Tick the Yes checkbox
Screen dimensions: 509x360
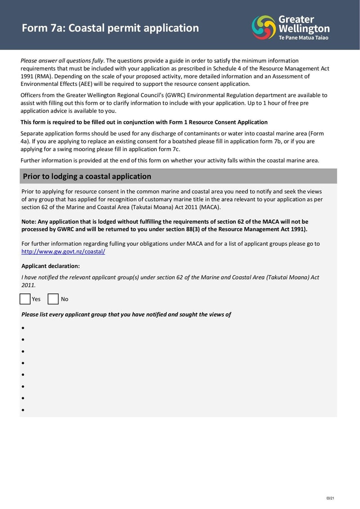coord(25,299)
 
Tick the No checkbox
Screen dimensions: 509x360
coord(53,299)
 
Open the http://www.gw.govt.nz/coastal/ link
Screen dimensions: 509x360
coord(63,252)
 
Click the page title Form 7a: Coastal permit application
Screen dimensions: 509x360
coord(110,28)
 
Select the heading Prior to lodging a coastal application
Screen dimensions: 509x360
coord(87,176)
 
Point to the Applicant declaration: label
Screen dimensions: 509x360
coord(50,266)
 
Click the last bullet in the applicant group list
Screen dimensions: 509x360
coord(23,410)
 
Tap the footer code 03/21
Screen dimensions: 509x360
coord(330,498)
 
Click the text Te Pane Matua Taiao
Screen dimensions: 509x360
coord(303,38)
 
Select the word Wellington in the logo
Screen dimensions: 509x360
coord(304,29)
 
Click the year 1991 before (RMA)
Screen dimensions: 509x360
coord(27,77)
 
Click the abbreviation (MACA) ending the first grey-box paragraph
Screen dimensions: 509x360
coord(210,207)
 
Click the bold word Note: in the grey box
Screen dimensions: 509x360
coord(29,221)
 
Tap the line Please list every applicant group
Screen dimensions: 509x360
coord(126,315)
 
